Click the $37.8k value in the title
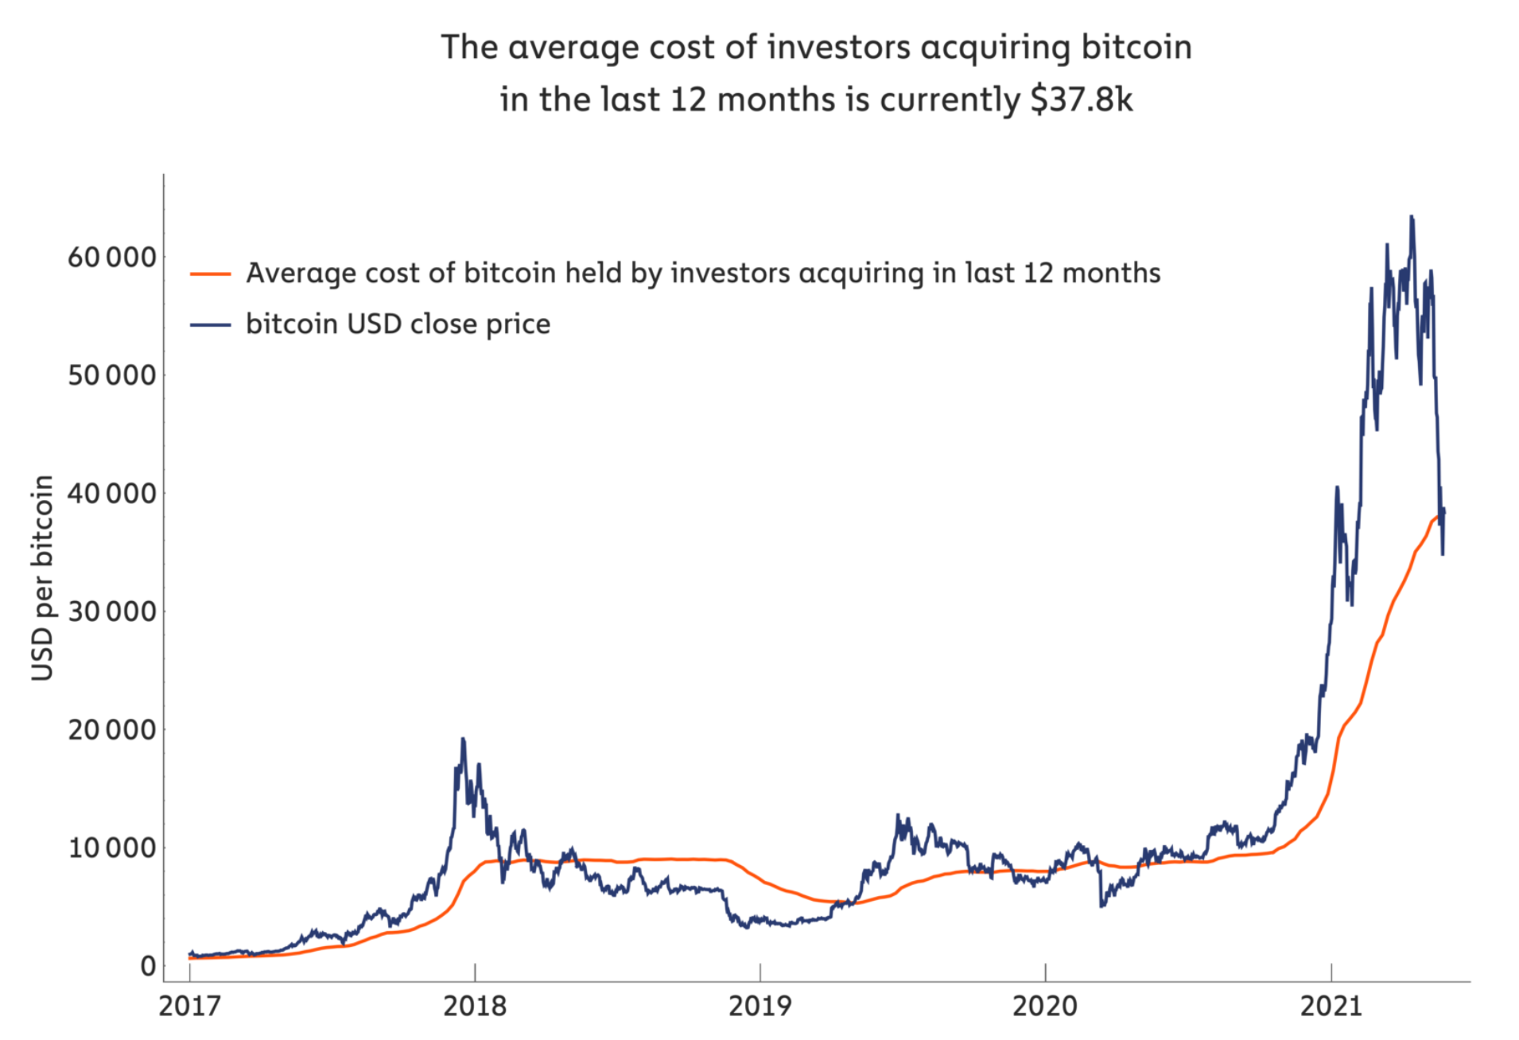(1081, 99)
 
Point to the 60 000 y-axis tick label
(112, 258)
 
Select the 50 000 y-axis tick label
(112, 375)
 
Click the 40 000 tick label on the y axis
(112, 494)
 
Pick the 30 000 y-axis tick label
(112, 611)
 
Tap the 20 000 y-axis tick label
(112, 730)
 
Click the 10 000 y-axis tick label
(112, 848)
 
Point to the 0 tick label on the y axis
(148, 966)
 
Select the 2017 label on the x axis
(189, 1006)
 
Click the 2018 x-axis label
(475, 1006)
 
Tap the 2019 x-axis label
(760, 1006)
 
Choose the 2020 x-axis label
(1045, 1006)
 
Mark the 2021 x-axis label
(1331, 1006)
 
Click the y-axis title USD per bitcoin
(42, 578)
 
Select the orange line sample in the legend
(210, 274)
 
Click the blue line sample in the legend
(210, 324)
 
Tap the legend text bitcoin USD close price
(398, 324)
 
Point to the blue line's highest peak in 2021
(1412, 216)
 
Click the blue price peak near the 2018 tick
(463, 739)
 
